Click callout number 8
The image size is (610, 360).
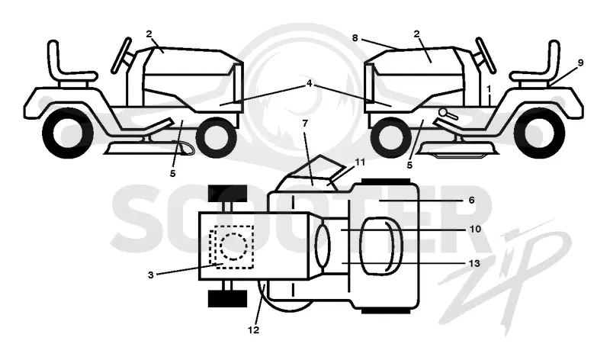pyautogui.click(x=355, y=37)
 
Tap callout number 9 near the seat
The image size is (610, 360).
pyautogui.click(x=580, y=63)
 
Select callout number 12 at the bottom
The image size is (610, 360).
pyautogui.click(x=253, y=330)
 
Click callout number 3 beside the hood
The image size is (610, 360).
pyautogui.click(x=150, y=275)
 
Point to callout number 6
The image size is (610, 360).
pyautogui.click(x=471, y=200)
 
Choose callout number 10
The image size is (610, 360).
pyautogui.click(x=475, y=229)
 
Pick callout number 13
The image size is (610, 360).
pyautogui.click(x=474, y=263)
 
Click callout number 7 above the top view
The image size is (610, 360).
pyautogui.click(x=305, y=124)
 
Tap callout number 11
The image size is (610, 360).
pyautogui.click(x=360, y=162)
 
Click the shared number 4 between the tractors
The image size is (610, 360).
pyautogui.click(x=310, y=83)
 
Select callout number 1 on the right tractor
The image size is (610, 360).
pyautogui.click(x=489, y=89)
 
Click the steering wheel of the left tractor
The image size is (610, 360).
pyautogui.click(x=123, y=55)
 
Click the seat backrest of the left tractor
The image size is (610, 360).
pyautogui.click(x=55, y=59)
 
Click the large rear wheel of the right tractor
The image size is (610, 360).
pyautogui.click(x=538, y=134)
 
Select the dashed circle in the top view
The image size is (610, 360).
pyautogui.click(x=233, y=246)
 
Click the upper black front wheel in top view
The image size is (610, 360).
pyautogui.click(x=228, y=194)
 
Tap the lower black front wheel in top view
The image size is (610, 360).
pyautogui.click(x=228, y=299)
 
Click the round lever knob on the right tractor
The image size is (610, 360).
pyautogui.click(x=443, y=112)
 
